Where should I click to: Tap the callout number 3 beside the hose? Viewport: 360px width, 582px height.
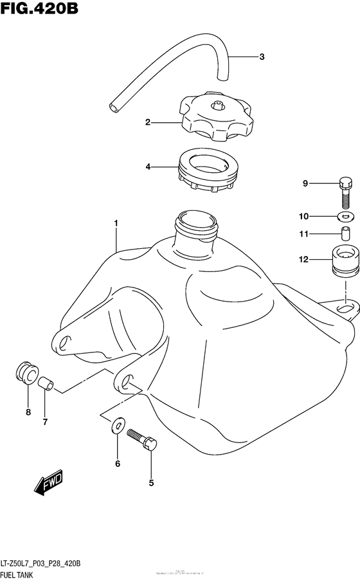point(262,57)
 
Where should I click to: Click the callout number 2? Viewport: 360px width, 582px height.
point(147,121)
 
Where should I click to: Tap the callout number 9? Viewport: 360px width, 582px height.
point(306,184)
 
